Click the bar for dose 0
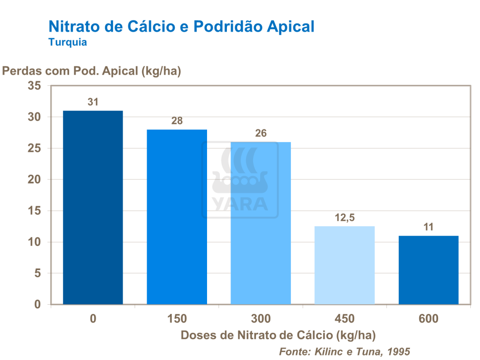coord(93,207)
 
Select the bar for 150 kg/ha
coord(177,217)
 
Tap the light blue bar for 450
coord(344,265)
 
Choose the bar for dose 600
coord(428,270)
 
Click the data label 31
coord(93,102)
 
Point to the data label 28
coord(177,121)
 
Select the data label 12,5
coord(344,218)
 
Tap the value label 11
coord(428,227)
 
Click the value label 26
coord(261,134)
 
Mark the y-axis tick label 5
coord(38,273)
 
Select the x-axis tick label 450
coord(344,319)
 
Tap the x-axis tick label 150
coord(177,319)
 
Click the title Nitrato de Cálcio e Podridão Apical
coord(182,26)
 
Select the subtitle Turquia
coord(68,42)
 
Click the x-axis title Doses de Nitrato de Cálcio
coord(278,335)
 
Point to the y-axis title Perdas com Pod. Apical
coord(92,71)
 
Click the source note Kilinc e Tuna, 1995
coord(344,351)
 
